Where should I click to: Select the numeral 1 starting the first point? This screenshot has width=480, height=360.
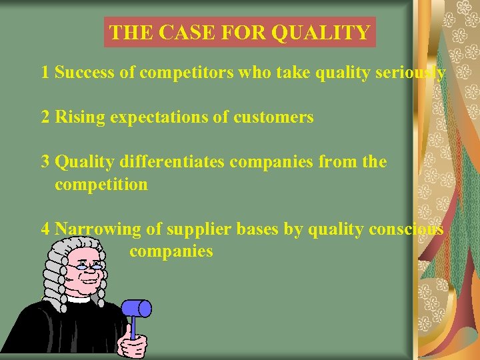click(x=45, y=73)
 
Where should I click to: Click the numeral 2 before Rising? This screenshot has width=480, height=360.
click(x=45, y=117)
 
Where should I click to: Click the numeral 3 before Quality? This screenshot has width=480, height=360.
click(x=45, y=162)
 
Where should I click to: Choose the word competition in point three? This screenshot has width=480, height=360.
click(x=101, y=184)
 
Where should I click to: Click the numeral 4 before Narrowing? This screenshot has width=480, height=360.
click(x=45, y=229)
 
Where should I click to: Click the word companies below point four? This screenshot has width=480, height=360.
click(x=171, y=251)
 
